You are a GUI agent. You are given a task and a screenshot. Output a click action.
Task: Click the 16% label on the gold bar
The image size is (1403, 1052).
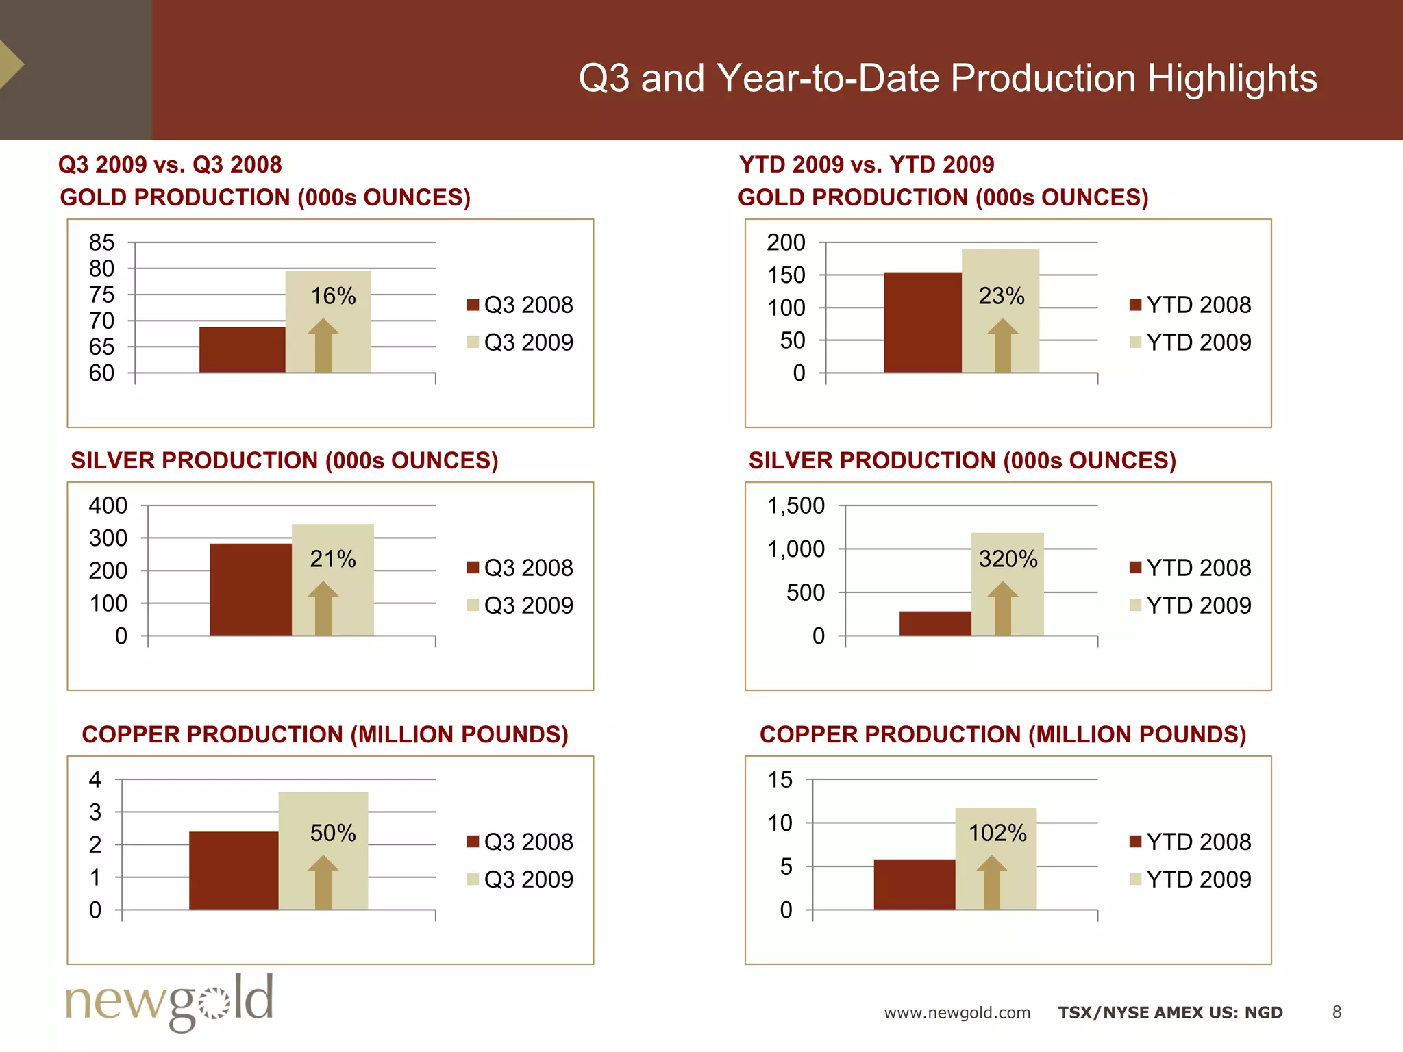(333, 296)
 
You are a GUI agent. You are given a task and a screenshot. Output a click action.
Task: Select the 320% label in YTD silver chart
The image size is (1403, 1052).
(1008, 559)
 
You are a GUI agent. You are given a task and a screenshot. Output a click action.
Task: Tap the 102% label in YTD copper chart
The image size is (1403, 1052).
(997, 833)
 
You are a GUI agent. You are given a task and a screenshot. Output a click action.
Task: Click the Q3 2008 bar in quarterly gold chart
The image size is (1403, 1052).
(242, 350)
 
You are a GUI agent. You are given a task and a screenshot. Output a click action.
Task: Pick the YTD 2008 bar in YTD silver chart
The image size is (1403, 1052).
(934, 623)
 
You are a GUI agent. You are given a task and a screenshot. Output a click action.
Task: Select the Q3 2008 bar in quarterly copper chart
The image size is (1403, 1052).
(234, 871)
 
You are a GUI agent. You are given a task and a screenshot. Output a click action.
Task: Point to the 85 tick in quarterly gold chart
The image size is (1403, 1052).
(101, 242)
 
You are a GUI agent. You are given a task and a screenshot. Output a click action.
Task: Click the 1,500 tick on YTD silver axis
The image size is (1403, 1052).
(795, 505)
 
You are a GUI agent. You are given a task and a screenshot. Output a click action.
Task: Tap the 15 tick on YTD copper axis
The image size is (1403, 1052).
(780, 779)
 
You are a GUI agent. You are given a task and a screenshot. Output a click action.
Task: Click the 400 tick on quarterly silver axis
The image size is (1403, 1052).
(108, 505)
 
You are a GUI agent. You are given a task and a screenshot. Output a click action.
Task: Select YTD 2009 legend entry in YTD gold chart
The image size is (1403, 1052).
(1191, 342)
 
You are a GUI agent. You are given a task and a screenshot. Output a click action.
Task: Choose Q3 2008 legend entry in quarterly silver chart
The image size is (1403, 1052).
(520, 568)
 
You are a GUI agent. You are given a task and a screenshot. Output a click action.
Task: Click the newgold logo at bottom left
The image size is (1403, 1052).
(169, 1002)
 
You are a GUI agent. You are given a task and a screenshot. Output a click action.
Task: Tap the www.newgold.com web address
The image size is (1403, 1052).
(956, 1012)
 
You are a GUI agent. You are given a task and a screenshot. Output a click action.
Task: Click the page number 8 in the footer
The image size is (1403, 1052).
(1337, 1012)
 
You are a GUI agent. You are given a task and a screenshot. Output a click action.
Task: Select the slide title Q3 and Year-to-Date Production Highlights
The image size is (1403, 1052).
(947, 77)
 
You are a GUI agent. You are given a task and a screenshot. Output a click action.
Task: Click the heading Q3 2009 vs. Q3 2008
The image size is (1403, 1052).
(170, 164)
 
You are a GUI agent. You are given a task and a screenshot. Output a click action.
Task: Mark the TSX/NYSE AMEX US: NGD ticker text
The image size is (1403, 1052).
(1170, 1012)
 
